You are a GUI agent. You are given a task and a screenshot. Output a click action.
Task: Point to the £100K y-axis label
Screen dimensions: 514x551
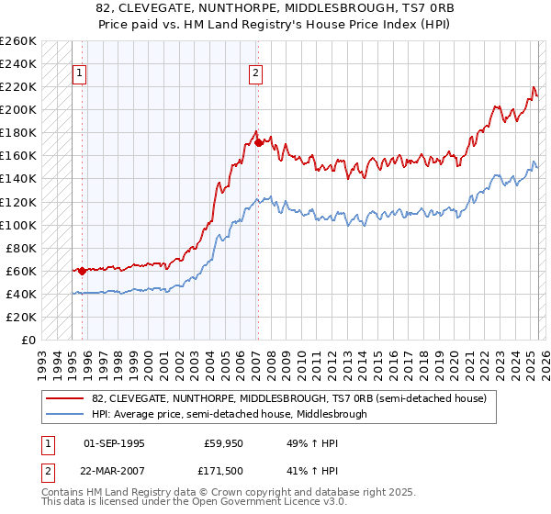(18, 225)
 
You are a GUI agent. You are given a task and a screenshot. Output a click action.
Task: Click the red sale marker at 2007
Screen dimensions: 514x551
(259, 142)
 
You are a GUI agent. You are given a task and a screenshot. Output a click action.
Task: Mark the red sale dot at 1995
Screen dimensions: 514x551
(82, 271)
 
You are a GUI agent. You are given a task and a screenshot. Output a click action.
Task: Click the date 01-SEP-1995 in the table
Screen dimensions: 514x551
(114, 442)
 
